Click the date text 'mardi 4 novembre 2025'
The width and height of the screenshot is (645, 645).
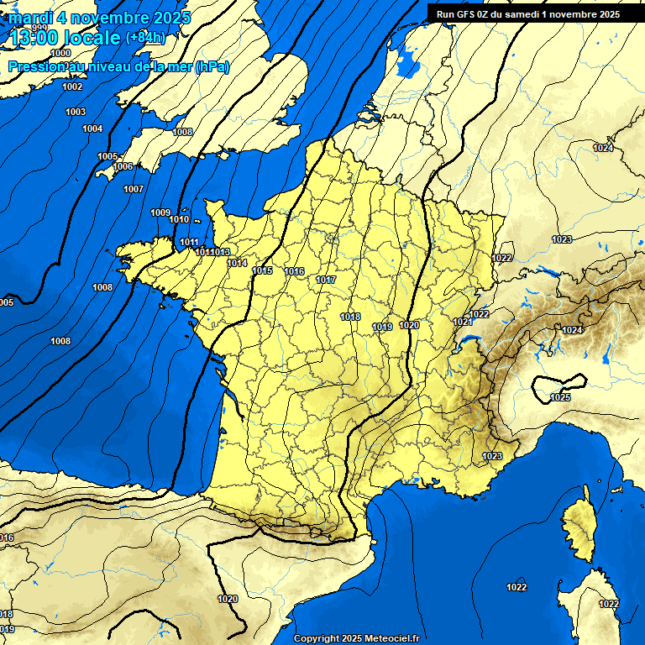(x=100, y=18)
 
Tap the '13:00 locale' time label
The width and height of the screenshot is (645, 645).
(x=65, y=38)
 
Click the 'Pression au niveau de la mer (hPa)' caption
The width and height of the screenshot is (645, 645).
(x=118, y=66)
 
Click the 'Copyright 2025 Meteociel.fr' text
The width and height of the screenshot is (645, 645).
(x=356, y=638)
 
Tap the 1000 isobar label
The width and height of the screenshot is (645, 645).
(x=60, y=76)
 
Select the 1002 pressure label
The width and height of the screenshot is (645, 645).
(x=72, y=87)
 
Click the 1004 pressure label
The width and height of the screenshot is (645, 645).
(x=92, y=128)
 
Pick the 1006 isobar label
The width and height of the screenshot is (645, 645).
(x=123, y=166)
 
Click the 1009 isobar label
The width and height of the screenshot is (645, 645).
(x=160, y=212)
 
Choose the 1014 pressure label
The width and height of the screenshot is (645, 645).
(x=237, y=263)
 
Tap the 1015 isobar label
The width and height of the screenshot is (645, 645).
(x=262, y=270)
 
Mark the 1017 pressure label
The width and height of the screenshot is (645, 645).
(x=326, y=280)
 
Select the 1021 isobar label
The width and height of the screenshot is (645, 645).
(x=461, y=322)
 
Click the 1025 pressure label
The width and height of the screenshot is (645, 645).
(x=560, y=396)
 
